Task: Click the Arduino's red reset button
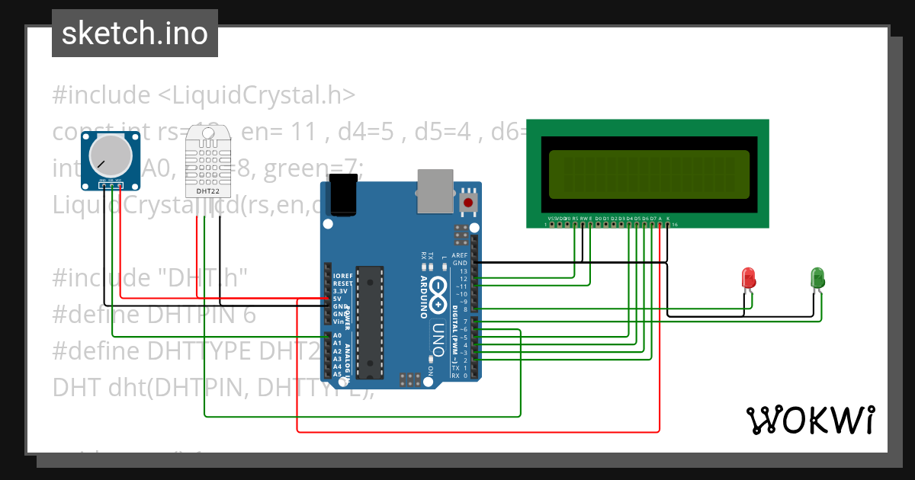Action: pos(467,203)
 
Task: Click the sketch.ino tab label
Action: pos(135,34)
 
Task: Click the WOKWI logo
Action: pos(810,420)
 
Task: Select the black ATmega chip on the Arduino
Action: pos(371,320)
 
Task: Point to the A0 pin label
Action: pos(337,335)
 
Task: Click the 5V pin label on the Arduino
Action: pos(337,299)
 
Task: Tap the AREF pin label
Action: pos(460,255)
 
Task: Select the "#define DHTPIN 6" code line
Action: pos(154,315)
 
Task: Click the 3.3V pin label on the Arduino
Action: pos(339,291)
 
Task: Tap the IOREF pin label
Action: pos(342,275)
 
